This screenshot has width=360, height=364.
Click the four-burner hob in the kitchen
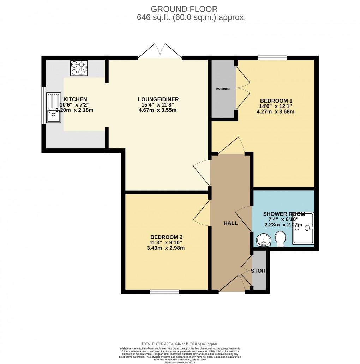(x=79, y=68)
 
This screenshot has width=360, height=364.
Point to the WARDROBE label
(x=223, y=89)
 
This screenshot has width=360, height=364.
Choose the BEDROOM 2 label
(x=167, y=237)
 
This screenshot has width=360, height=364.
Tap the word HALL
(x=230, y=223)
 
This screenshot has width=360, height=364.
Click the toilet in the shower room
(x=281, y=239)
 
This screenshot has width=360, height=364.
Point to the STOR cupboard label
(x=258, y=271)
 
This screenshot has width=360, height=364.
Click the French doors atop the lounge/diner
(x=160, y=51)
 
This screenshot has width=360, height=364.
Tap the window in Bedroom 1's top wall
(x=272, y=58)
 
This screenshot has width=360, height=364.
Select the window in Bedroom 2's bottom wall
(x=164, y=292)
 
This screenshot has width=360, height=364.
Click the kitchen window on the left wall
(x=43, y=105)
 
